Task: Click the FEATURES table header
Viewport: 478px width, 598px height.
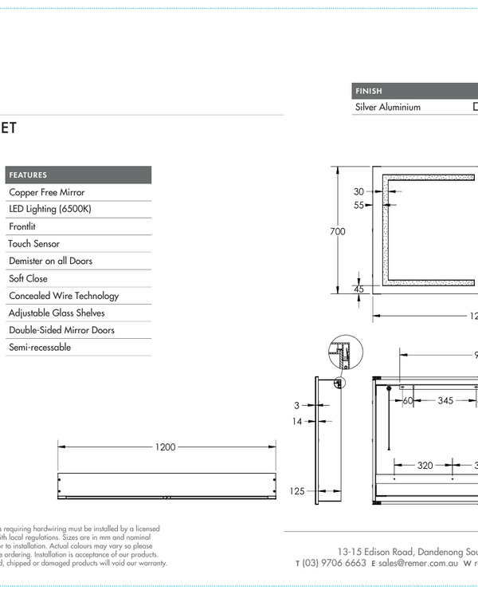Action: [28, 175]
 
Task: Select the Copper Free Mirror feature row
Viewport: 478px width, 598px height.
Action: [46, 192]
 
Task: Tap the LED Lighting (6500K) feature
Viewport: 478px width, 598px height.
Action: [49, 209]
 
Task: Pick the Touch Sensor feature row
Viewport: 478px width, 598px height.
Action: [34, 244]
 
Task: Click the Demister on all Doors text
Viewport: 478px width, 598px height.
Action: [50, 261]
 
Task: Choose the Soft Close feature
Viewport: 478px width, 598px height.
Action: [28, 278]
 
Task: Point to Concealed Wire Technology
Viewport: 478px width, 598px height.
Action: [64, 296]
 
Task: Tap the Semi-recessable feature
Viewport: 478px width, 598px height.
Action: [40, 348]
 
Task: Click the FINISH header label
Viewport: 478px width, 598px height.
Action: [369, 92]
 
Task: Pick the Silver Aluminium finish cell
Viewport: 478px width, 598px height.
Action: [387, 107]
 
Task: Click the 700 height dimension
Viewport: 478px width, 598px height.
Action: [338, 231]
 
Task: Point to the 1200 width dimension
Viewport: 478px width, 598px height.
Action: [165, 447]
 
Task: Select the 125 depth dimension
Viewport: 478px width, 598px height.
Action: [297, 491]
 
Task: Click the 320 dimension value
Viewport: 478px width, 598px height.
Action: [425, 465]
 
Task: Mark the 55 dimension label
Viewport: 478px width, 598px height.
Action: [358, 205]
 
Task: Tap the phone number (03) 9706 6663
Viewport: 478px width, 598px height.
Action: [335, 563]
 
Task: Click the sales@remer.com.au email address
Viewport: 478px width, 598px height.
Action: [418, 563]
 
